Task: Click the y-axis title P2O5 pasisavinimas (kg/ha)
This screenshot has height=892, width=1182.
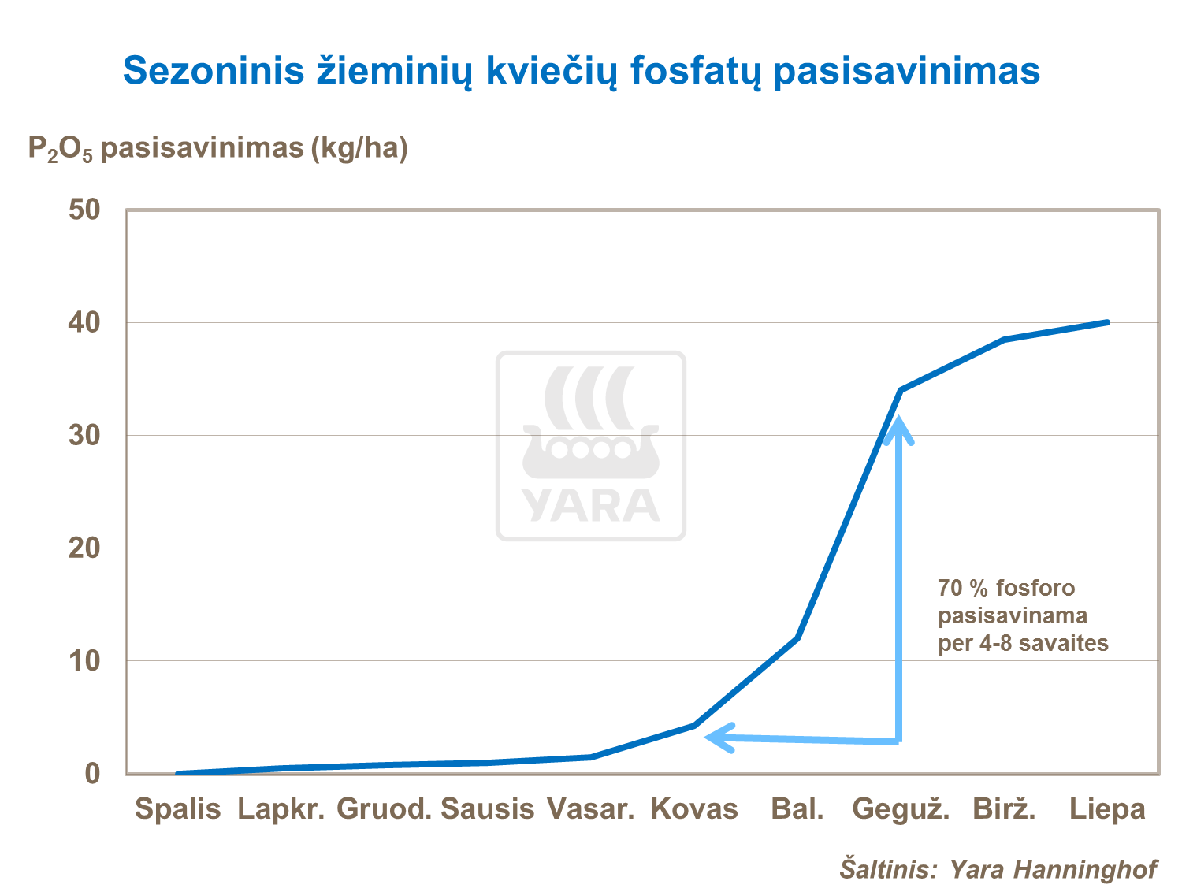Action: point(217,148)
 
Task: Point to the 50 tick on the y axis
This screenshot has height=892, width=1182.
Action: point(84,210)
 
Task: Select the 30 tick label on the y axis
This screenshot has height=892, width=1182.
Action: point(84,436)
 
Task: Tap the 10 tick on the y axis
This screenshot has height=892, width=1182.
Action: point(84,661)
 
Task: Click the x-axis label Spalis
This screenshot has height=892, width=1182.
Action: point(177,809)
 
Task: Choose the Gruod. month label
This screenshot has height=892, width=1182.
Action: point(385,809)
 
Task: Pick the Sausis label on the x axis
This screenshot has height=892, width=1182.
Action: point(487,809)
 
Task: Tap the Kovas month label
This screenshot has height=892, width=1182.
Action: point(694,809)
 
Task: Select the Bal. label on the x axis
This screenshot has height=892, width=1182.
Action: point(797,809)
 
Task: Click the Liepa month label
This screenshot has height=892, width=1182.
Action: point(1107,809)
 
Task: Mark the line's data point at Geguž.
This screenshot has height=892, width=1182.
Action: point(901,390)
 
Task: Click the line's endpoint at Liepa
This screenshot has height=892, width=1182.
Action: point(1107,322)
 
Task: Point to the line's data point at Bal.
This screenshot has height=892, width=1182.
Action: point(797,638)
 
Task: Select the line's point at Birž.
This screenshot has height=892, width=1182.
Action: point(1004,340)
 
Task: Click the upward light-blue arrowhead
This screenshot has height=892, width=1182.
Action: point(898,429)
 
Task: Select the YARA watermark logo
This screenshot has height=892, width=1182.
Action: point(591,446)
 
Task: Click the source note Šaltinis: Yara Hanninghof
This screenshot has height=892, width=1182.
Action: point(998,869)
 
